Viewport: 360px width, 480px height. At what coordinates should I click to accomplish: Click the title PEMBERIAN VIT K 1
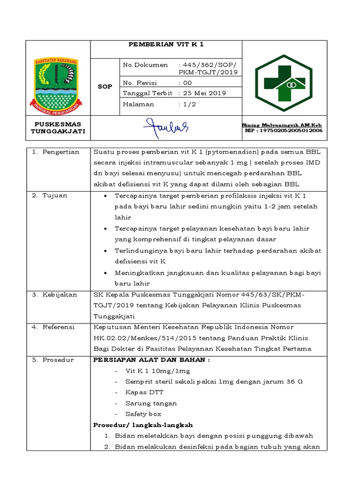(166, 45)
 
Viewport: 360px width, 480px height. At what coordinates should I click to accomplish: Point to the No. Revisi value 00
(188, 82)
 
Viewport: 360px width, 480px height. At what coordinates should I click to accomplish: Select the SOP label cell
(105, 87)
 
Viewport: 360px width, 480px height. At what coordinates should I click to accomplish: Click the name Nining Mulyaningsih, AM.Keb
(282, 125)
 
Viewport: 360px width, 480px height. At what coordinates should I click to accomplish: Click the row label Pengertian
(60, 152)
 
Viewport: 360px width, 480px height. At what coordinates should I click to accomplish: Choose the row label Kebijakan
(58, 294)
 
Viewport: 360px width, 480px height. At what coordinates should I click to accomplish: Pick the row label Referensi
(58, 327)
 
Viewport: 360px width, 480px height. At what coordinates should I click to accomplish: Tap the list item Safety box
(143, 414)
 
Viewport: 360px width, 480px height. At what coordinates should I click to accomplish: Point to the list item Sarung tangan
(151, 403)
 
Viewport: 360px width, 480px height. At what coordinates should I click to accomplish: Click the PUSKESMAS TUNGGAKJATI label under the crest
(57, 127)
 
